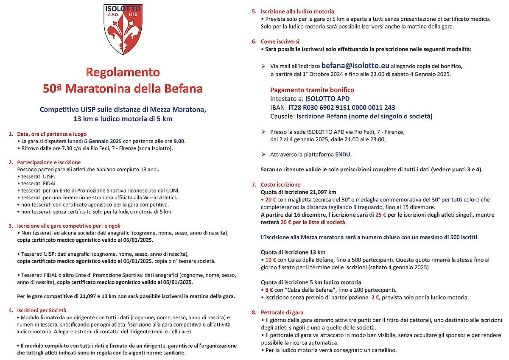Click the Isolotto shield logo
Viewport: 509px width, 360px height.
point(123,29)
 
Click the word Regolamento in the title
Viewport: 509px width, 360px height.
point(123,72)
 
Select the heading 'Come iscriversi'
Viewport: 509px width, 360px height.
point(280,42)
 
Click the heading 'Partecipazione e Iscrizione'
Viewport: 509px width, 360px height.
point(49,162)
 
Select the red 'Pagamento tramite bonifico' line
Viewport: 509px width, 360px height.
point(312,90)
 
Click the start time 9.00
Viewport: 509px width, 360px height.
point(179,141)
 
